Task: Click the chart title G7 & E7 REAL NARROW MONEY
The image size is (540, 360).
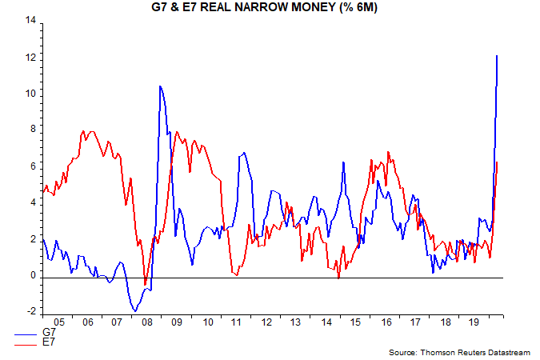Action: [269, 7]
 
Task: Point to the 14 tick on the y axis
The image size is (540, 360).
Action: [30, 22]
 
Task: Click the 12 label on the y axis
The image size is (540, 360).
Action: [30, 58]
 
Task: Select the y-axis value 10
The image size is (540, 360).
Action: [30, 94]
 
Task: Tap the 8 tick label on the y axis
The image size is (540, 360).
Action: [32, 130]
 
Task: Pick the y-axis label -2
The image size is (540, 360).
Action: [30, 312]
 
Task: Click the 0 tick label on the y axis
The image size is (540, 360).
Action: [32, 275]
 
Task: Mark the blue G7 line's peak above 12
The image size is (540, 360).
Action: [498, 55]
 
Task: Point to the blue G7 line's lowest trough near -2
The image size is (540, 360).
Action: [135, 310]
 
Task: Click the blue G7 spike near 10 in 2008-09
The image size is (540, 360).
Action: [160, 86]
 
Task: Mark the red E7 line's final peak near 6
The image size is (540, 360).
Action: [498, 162]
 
